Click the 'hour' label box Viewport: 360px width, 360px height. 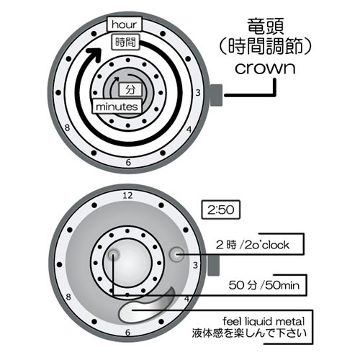point(125,24)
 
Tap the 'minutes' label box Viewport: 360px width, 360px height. point(117,107)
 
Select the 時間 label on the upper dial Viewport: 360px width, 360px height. point(126,42)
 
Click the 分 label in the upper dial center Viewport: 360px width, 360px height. point(130,90)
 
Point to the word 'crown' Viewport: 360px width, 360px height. point(265,68)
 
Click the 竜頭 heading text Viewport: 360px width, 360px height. point(266,27)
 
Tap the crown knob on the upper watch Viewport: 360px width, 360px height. point(216,95)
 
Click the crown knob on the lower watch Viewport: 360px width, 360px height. point(213,265)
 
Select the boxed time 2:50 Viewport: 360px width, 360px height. point(221,210)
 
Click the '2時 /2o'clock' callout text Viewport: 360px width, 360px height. point(253,245)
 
